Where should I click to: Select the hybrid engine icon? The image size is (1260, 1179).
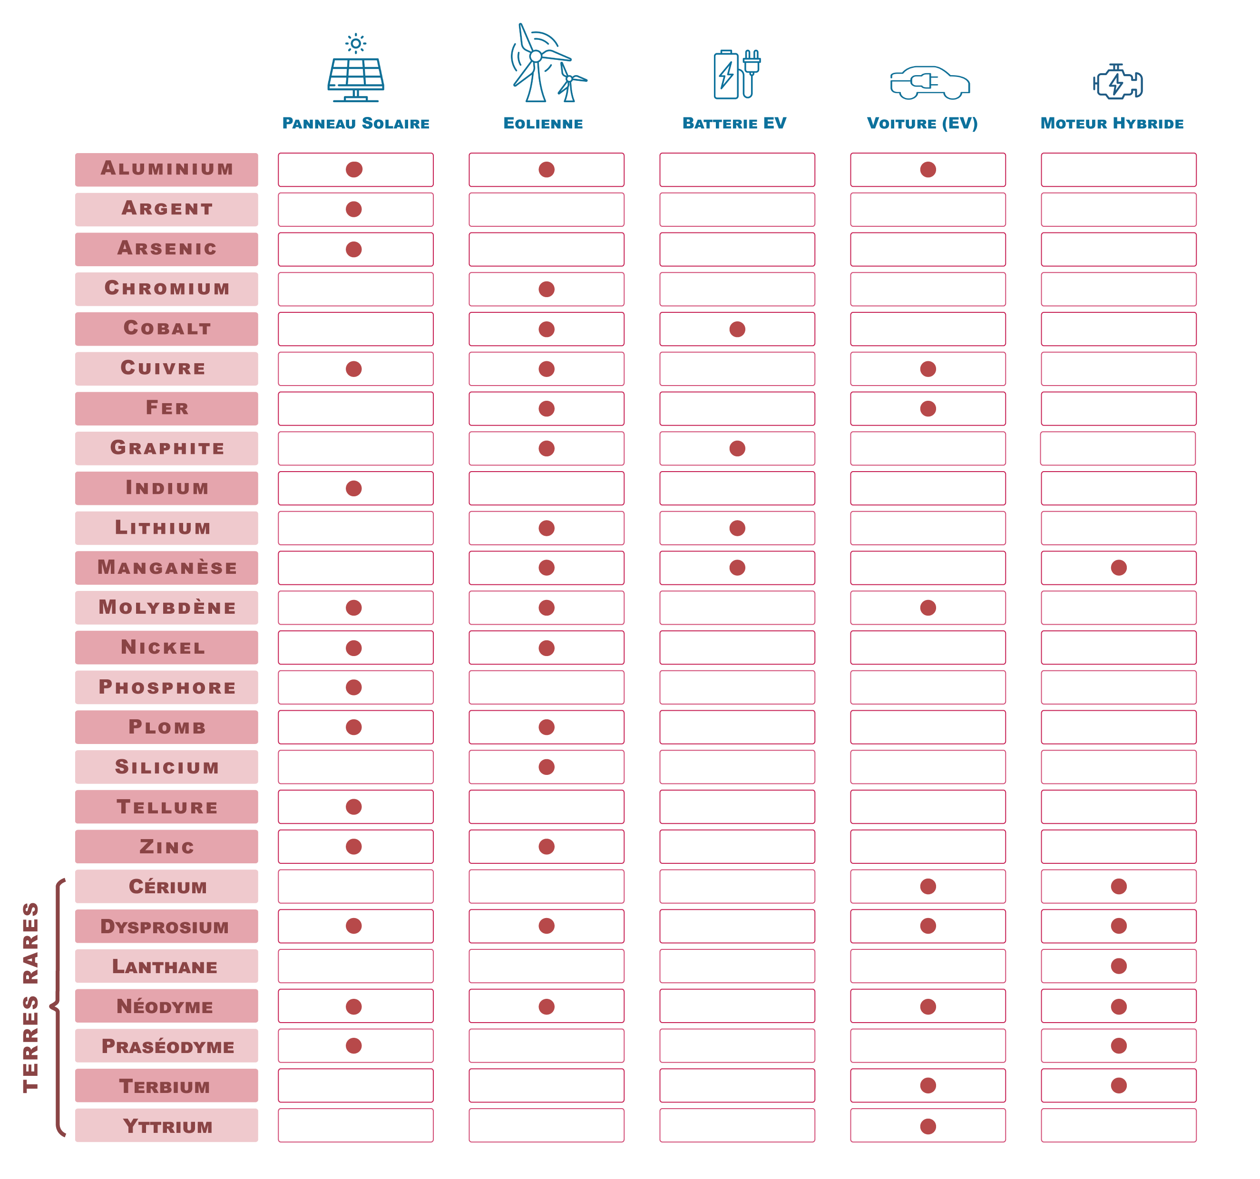[1117, 82]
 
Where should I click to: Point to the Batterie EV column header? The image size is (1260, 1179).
[734, 123]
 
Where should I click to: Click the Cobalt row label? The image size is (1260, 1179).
[166, 328]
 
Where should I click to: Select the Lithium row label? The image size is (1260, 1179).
[166, 528]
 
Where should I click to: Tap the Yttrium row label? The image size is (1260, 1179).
[166, 1126]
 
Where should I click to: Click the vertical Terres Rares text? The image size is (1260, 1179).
[30, 997]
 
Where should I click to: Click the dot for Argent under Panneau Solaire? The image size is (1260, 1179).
[354, 209]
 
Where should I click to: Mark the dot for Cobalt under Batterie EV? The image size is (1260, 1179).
[737, 329]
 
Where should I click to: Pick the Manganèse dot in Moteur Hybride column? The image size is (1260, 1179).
[1119, 568]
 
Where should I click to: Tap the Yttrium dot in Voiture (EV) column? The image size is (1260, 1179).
[928, 1126]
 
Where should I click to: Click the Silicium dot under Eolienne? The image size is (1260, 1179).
[547, 766]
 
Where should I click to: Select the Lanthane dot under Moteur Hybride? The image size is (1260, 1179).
[1119, 966]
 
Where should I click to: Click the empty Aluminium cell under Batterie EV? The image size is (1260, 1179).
[737, 169]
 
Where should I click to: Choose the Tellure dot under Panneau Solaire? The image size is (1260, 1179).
[354, 806]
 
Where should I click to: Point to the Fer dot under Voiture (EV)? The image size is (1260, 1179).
[928, 409]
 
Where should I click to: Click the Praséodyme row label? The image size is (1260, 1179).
[166, 1046]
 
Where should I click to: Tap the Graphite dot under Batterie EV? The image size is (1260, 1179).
[737, 448]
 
